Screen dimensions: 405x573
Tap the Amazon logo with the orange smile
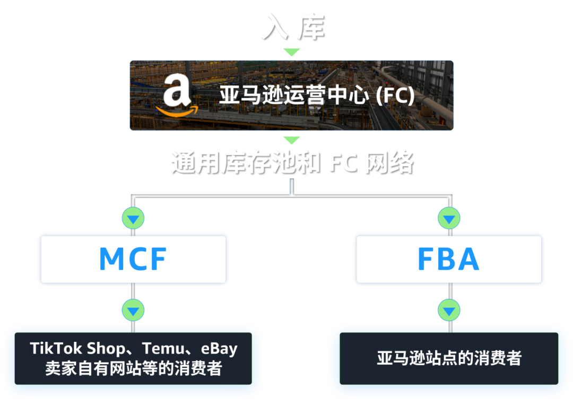tap(177, 96)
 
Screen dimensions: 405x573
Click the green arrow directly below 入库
tap(291, 53)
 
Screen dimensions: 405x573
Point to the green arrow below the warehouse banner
tap(291, 140)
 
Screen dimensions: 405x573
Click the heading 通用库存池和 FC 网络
tap(291, 162)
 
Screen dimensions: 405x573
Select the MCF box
tap(133, 258)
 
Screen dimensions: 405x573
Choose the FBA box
tap(449, 258)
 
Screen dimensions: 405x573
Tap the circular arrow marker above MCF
tap(133, 218)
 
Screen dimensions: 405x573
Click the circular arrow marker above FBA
tap(449, 218)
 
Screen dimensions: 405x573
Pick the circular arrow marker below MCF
tap(133, 309)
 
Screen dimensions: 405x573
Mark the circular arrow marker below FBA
tap(449, 309)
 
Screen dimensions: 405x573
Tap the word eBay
tap(219, 348)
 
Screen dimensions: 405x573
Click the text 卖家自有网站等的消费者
tap(133, 368)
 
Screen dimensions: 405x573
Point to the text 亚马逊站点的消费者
tap(449, 358)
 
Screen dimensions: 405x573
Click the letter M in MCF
tap(111, 259)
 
